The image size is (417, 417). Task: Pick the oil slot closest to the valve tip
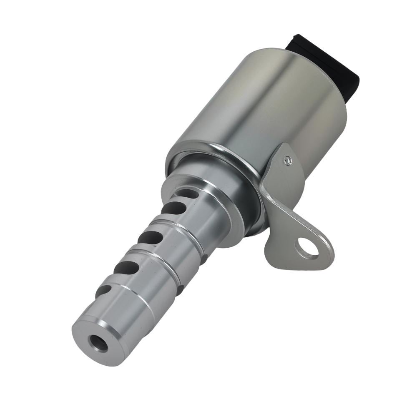[103, 291]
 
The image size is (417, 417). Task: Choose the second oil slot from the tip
[126, 267]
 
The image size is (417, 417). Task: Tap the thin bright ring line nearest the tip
[138, 292]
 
